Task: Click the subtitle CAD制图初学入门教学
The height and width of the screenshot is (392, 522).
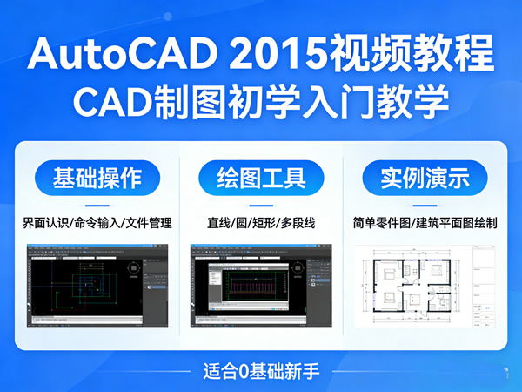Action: pyautogui.click(x=261, y=101)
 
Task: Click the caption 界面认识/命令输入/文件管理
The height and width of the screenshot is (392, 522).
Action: pyautogui.click(x=97, y=223)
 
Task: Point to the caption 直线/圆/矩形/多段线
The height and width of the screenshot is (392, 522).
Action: pyautogui.click(x=261, y=223)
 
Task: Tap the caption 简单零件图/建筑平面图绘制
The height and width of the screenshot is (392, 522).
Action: pyautogui.click(x=425, y=223)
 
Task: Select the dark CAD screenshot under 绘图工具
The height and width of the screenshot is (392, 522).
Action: pyautogui.click(x=261, y=287)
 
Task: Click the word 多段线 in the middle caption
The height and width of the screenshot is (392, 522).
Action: pyautogui.click(x=297, y=223)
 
